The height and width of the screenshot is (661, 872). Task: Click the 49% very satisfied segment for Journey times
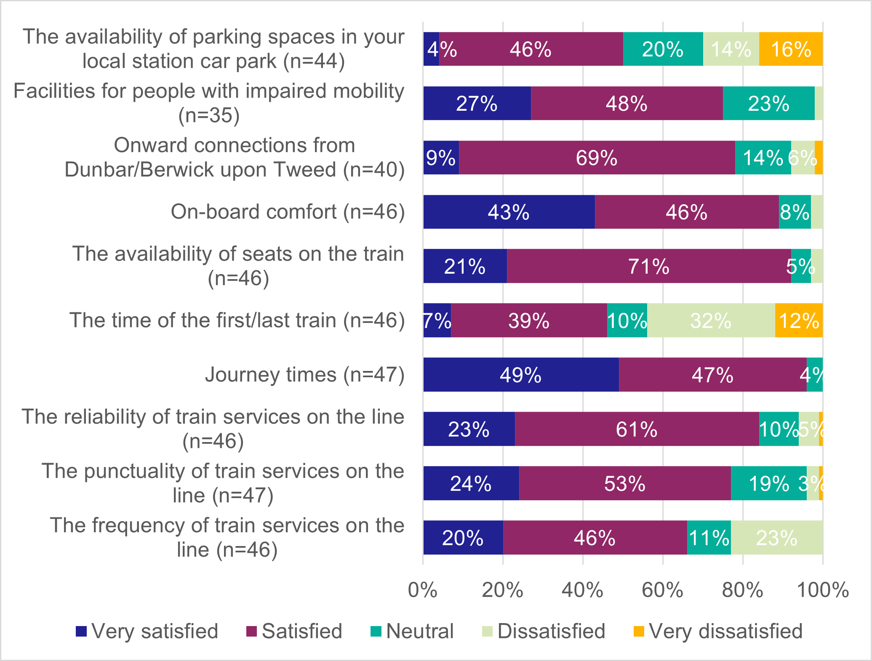click(521, 375)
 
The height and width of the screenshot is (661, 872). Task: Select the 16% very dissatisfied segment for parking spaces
click(791, 49)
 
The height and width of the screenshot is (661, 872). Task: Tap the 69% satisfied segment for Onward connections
click(597, 158)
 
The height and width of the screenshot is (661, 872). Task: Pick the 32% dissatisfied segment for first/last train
click(711, 321)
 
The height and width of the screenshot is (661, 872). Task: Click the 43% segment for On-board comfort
click(509, 212)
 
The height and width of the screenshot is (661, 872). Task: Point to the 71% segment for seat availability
click(649, 267)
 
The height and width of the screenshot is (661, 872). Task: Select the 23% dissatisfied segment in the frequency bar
click(776, 538)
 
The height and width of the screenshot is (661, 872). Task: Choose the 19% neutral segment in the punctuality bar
click(769, 484)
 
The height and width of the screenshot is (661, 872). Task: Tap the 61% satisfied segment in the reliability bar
click(637, 429)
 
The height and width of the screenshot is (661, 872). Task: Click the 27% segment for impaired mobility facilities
click(477, 104)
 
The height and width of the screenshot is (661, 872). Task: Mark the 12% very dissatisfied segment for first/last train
click(799, 321)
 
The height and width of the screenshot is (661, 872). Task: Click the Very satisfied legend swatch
click(81, 632)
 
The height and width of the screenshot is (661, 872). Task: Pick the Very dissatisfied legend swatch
click(639, 632)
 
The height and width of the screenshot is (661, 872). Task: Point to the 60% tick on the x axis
click(663, 590)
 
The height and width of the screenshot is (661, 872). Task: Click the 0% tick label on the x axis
click(423, 590)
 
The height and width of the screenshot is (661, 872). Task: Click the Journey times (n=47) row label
click(304, 375)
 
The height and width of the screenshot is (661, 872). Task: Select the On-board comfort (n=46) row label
click(288, 212)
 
